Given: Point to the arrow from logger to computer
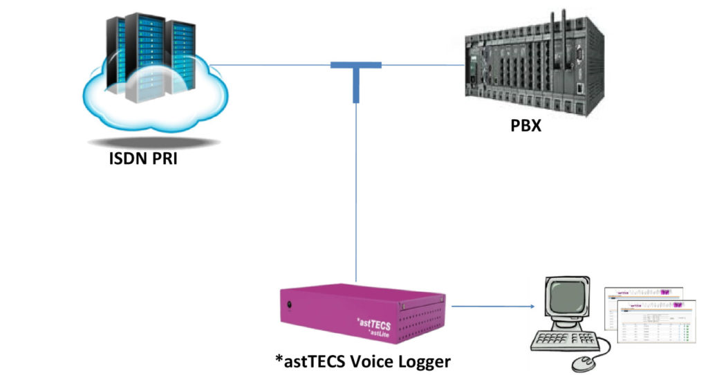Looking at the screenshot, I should coord(494,305).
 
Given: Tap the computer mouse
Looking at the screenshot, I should coord(585,362).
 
